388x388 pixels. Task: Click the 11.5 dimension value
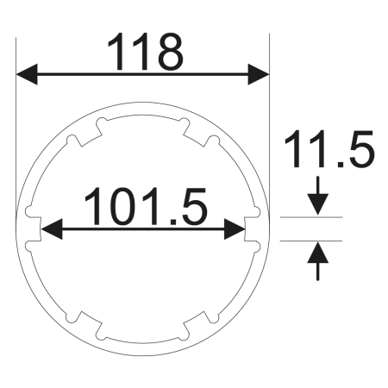coord(328,151)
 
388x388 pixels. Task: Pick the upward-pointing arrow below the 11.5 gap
coord(319,253)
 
